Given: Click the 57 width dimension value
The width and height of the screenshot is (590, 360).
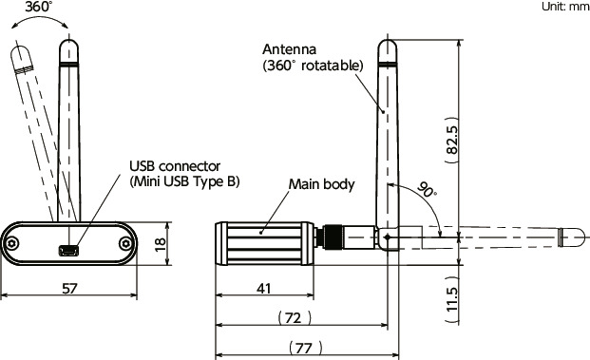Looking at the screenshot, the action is [69, 289].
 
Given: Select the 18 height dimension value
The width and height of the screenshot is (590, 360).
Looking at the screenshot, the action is [160, 244].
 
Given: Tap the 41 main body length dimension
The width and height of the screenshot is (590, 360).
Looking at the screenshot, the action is [263, 289].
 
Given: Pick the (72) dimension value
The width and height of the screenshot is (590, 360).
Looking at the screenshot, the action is [295, 318].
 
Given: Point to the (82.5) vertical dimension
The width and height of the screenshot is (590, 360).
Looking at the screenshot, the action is [452, 140].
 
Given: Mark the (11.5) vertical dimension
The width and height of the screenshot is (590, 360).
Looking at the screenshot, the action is [452, 300].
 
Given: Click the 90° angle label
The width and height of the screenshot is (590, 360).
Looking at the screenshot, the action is [428, 190].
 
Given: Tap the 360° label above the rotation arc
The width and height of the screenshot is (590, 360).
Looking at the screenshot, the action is [38, 7].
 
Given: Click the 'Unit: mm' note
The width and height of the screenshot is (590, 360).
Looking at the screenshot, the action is [565, 7].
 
